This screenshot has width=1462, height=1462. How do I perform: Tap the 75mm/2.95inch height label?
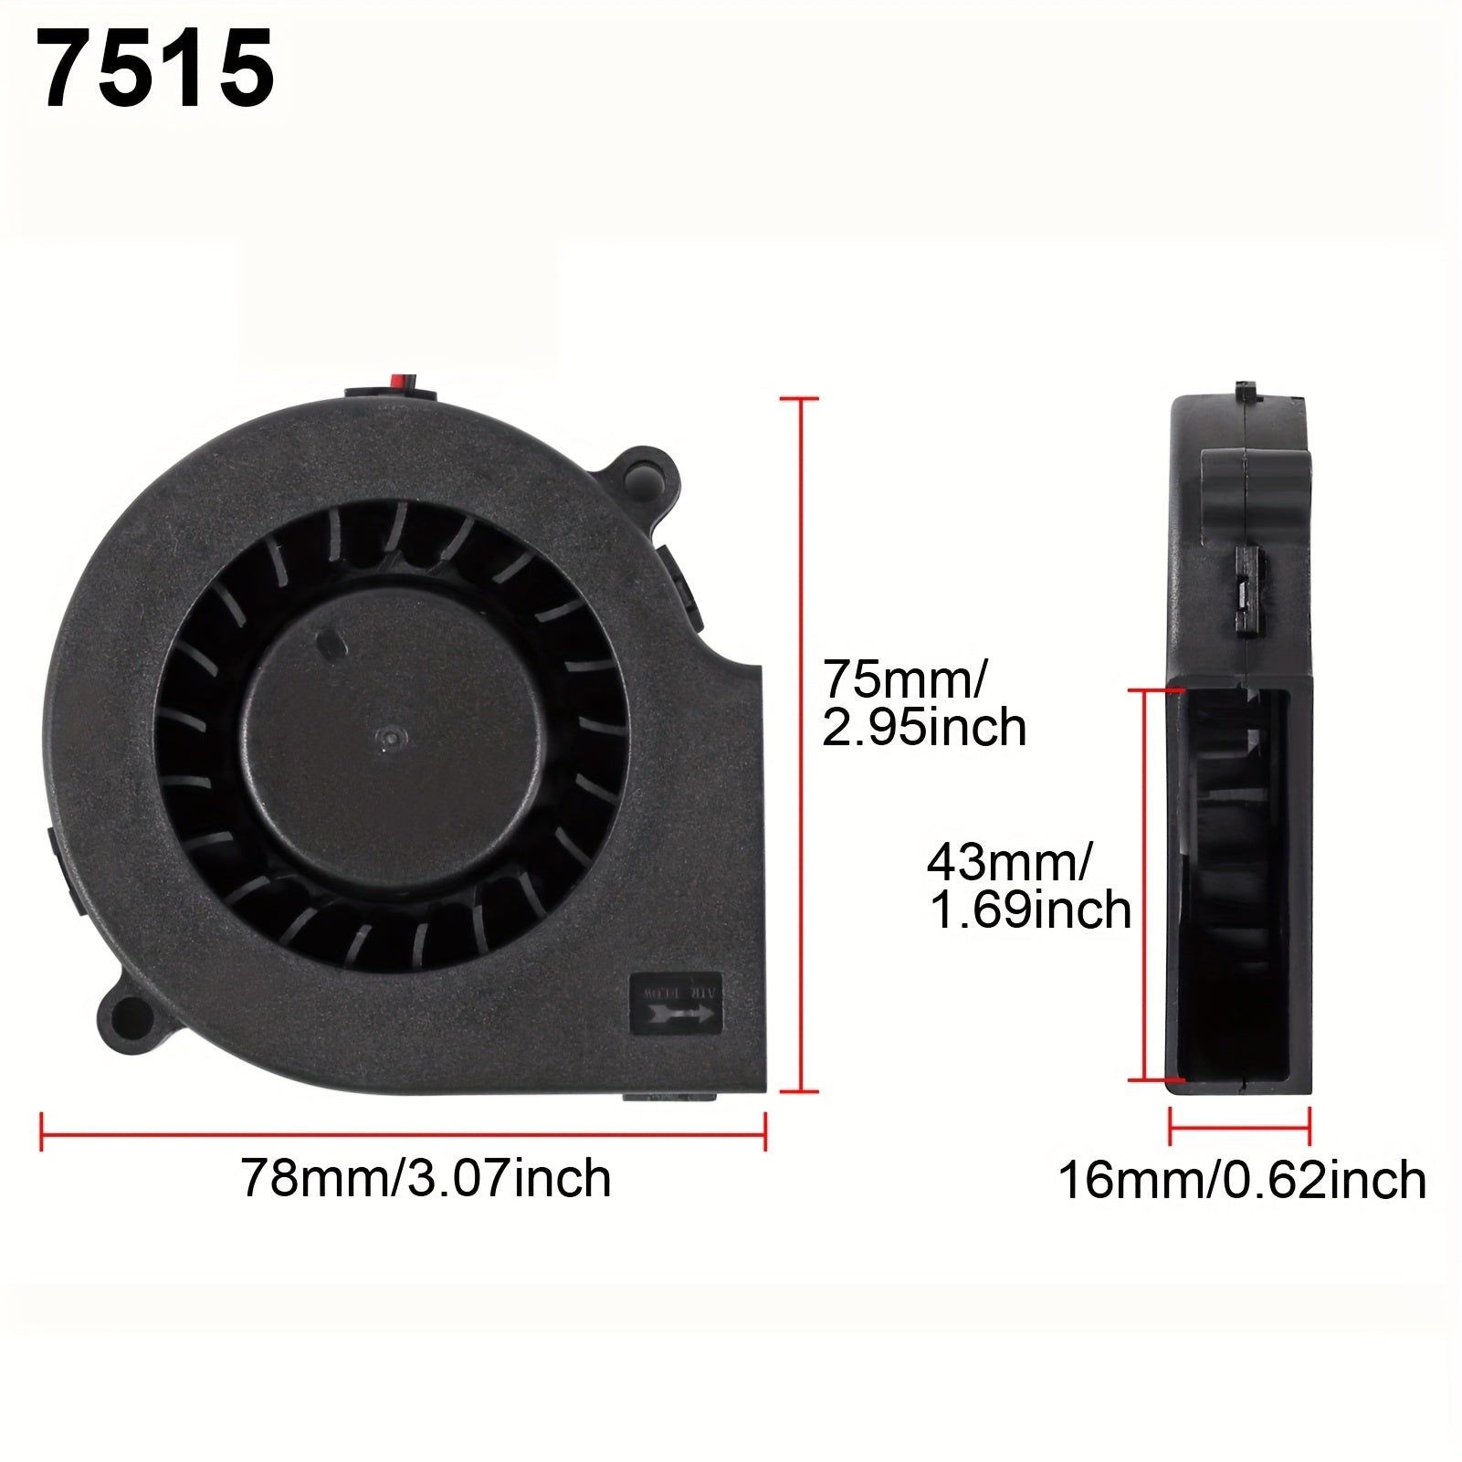tap(924, 703)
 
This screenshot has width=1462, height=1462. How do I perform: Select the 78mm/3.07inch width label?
tap(426, 1178)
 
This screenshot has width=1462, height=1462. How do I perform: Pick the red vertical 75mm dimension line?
tap(801, 744)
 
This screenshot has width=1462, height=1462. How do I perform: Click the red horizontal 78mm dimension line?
tap(403, 1135)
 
